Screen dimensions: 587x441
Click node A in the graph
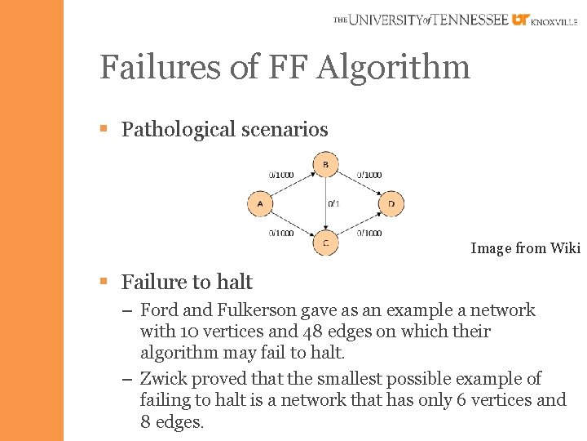(x=259, y=204)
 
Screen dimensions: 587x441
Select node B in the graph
(x=325, y=166)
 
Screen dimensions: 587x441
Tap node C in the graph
(x=325, y=243)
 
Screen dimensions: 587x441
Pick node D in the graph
(x=391, y=204)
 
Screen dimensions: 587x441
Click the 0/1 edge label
(x=333, y=203)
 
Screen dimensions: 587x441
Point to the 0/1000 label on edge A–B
(x=282, y=175)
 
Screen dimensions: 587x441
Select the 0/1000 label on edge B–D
(x=369, y=175)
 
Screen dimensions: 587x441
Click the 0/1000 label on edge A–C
(x=282, y=234)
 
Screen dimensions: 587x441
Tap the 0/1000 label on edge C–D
(x=369, y=234)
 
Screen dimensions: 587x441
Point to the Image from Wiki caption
(x=524, y=248)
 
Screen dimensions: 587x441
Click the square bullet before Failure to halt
(x=104, y=282)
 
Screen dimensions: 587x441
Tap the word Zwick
(x=166, y=379)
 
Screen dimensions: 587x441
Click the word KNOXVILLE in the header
(x=554, y=23)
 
